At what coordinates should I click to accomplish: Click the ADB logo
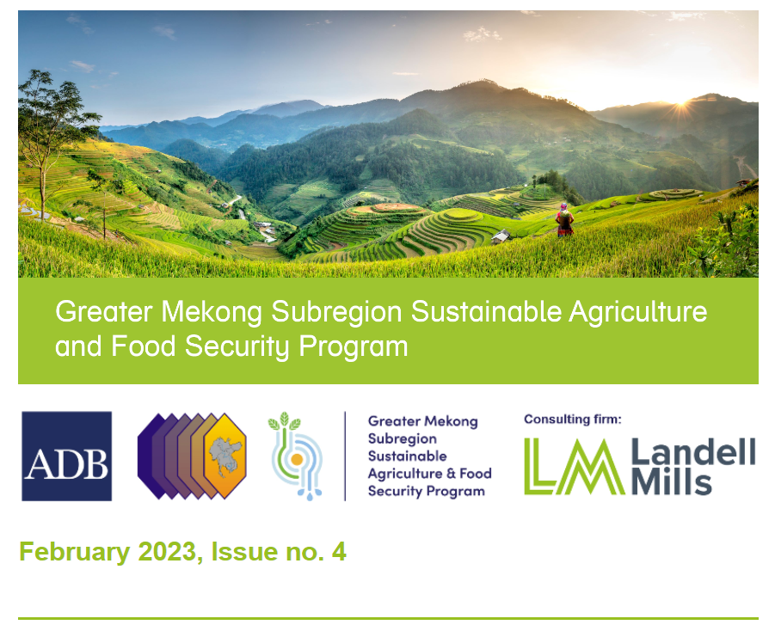click(x=67, y=456)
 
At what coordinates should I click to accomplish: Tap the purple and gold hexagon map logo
click(x=192, y=456)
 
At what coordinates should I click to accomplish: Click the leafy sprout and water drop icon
click(x=296, y=456)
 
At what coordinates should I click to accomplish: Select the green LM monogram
click(x=574, y=466)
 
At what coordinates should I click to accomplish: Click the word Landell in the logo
click(x=693, y=451)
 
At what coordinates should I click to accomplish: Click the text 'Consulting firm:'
click(x=572, y=420)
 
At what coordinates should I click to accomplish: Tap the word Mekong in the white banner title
click(x=212, y=313)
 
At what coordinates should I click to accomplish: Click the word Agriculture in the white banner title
click(x=638, y=313)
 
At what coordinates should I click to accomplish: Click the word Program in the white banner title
click(x=354, y=346)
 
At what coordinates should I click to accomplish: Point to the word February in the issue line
click(x=74, y=552)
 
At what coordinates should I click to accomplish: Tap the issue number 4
click(x=339, y=552)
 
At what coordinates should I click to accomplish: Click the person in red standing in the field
click(x=564, y=220)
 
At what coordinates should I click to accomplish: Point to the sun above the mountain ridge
click(x=684, y=102)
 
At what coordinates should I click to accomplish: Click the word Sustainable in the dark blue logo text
click(x=407, y=456)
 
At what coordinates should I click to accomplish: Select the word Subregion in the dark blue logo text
click(x=403, y=438)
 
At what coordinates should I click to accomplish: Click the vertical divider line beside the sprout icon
click(x=345, y=456)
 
